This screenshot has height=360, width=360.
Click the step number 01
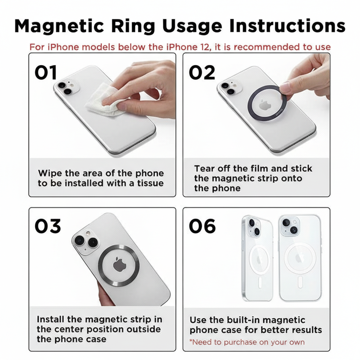[46, 72]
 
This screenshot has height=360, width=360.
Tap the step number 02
[202, 72]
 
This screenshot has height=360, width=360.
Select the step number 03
[48, 226]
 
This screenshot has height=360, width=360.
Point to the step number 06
[202, 226]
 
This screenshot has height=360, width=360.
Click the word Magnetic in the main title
[59, 26]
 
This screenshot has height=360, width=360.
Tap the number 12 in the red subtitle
[205, 47]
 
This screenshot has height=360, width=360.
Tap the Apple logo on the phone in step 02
[265, 105]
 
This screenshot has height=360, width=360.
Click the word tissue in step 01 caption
[150, 183]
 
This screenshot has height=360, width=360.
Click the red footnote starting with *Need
[247, 342]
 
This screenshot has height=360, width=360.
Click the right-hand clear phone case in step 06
[300, 258]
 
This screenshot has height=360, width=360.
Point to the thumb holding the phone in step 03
[104, 294]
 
